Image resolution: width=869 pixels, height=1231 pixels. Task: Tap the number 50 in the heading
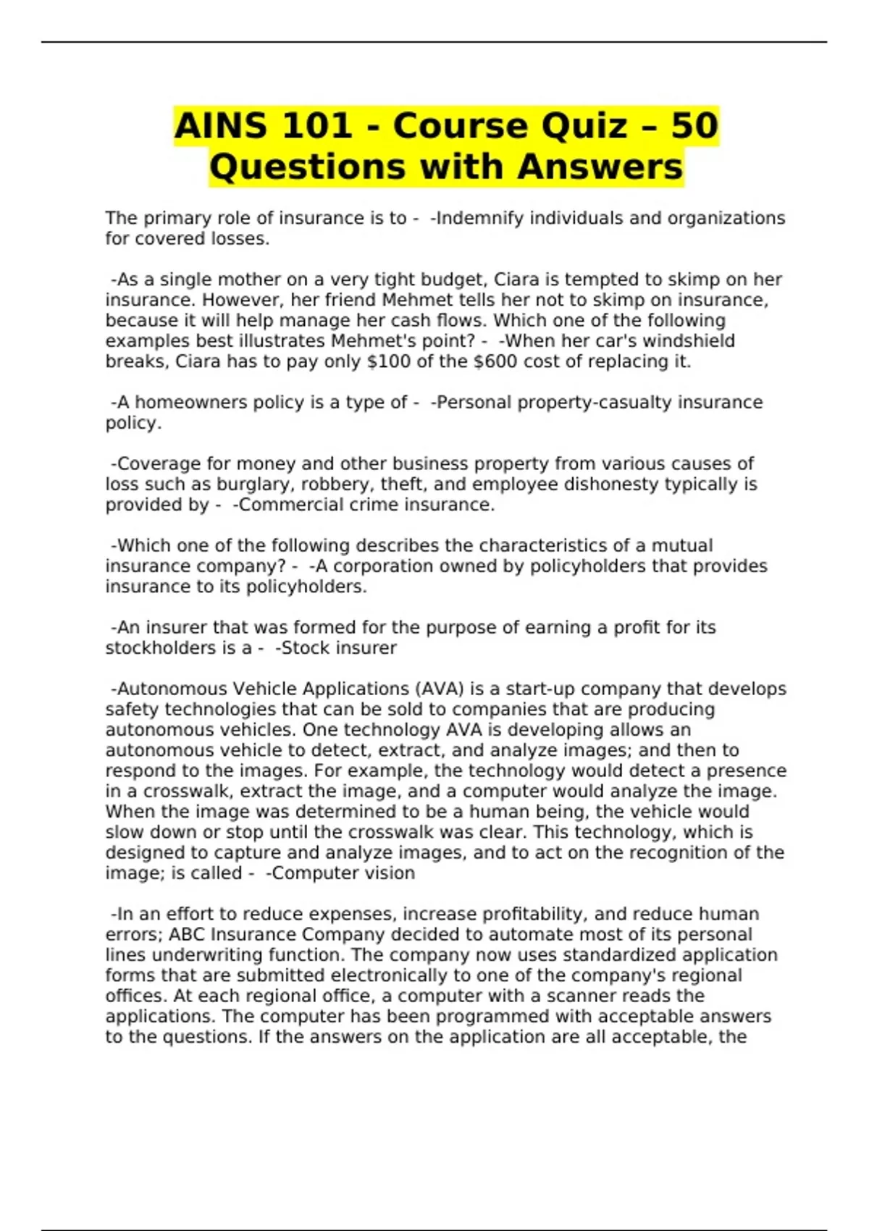(694, 126)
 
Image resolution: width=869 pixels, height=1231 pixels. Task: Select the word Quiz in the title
(583, 126)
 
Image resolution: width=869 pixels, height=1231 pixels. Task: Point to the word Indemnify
(479, 218)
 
